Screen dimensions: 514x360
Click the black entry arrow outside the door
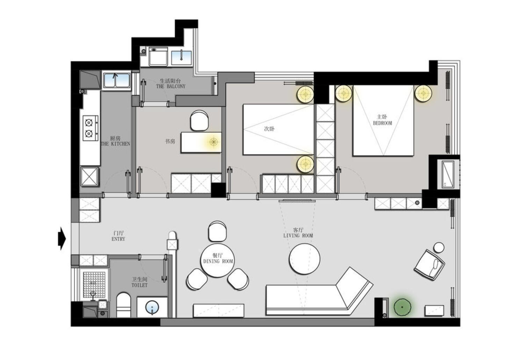[x=62, y=239]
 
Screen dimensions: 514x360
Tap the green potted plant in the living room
[x=402, y=307]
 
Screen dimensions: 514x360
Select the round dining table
[x=217, y=260]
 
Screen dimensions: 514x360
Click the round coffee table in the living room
[x=304, y=259]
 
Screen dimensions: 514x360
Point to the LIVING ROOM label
[x=298, y=236]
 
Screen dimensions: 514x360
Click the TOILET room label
[x=139, y=286]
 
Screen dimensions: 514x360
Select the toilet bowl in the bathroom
[x=123, y=305]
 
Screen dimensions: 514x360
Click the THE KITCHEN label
[x=115, y=144]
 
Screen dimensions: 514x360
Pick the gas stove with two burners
[x=91, y=128]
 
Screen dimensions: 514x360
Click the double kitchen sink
[x=116, y=80]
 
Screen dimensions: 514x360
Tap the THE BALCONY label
[x=171, y=87]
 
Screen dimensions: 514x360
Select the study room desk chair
[x=199, y=121]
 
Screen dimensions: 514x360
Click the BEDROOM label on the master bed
[x=382, y=123]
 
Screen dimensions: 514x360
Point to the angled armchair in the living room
[x=429, y=265]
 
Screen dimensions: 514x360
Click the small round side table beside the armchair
[x=439, y=247]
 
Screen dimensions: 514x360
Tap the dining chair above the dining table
[x=217, y=231]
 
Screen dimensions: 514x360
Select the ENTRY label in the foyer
[x=118, y=239]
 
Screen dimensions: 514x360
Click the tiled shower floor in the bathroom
[x=94, y=285]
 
